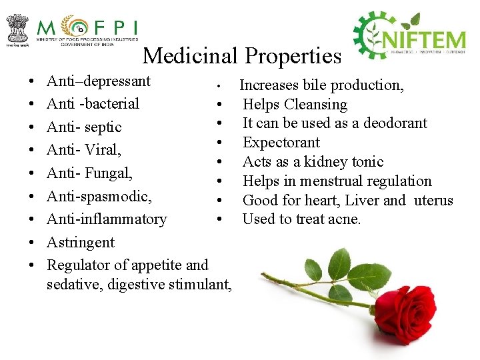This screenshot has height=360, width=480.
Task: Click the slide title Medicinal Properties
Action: tap(241, 55)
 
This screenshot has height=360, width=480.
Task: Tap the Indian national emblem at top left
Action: tap(17, 27)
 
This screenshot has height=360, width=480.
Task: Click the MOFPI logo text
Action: tap(87, 28)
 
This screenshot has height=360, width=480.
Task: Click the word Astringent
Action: tap(80, 242)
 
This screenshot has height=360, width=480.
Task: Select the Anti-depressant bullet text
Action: tap(99, 81)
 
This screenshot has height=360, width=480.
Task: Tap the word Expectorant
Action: tap(281, 143)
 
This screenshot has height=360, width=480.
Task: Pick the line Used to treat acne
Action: tap(301, 219)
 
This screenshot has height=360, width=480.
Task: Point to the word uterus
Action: tap(433, 201)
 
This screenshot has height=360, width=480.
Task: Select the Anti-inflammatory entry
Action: tap(107, 219)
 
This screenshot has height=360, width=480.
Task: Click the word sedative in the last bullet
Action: tap(71, 286)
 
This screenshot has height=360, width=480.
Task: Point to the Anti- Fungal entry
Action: tap(89, 173)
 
